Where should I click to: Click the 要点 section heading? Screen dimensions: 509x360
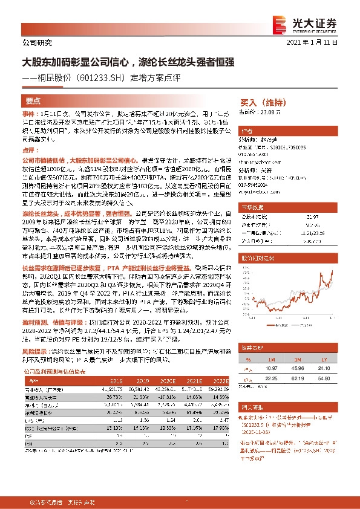pos(33,102)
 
